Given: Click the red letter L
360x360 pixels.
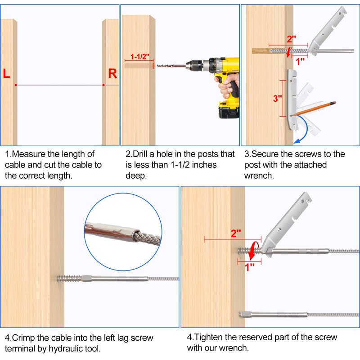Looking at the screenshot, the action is (x=6, y=73).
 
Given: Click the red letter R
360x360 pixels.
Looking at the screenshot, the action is (x=112, y=73).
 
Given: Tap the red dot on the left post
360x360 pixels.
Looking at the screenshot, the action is (x=16, y=85).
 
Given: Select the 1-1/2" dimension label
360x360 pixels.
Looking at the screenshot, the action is (x=140, y=57).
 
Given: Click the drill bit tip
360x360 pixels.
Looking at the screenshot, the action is (x=157, y=66).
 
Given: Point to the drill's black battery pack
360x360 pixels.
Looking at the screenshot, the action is (x=229, y=112).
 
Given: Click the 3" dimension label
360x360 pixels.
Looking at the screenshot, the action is (x=277, y=99).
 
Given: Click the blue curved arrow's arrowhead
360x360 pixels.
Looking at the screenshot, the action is (x=297, y=141).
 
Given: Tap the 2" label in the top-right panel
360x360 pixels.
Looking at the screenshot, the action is (x=291, y=39).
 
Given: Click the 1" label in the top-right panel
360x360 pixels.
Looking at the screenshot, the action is (x=300, y=62).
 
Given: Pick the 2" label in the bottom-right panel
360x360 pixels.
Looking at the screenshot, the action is (x=236, y=234).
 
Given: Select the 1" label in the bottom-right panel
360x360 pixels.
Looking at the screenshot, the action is (x=250, y=267).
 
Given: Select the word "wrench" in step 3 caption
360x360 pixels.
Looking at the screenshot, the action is (x=258, y=175).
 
